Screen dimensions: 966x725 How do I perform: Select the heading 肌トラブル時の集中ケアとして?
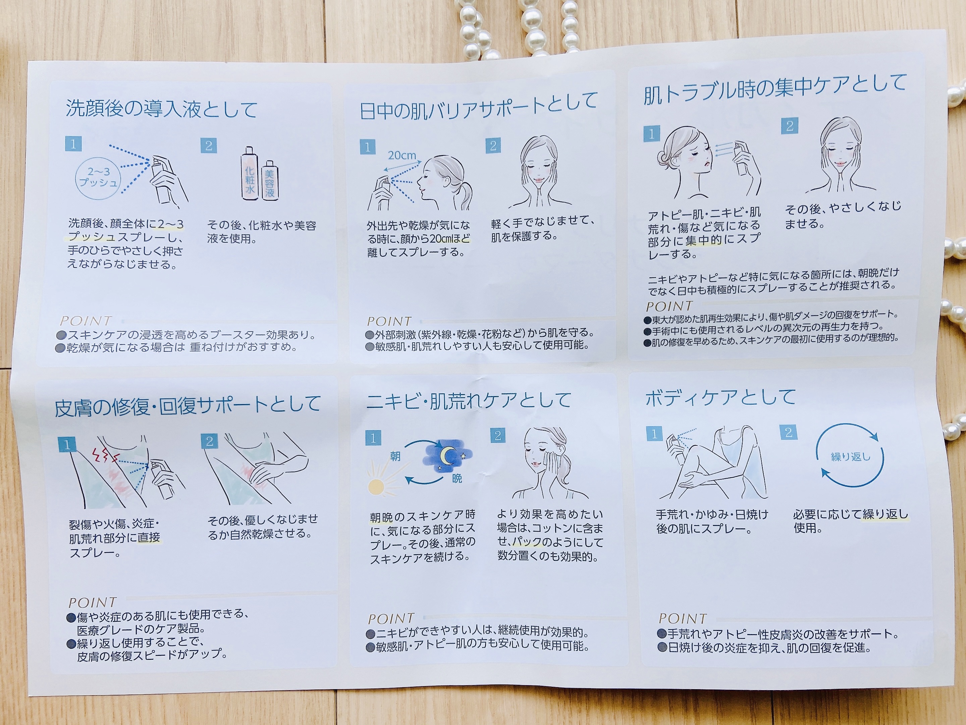(x=775, y=90)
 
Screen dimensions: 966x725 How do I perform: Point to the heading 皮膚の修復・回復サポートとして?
(x=188, y=405)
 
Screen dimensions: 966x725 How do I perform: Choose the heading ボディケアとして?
(x=720, y=397)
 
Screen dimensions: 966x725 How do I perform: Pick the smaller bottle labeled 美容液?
(x=269, y=180)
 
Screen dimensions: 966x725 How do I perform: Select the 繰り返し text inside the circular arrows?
(x=851, y=457)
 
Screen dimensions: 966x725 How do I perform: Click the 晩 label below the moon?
(x=457, y=479)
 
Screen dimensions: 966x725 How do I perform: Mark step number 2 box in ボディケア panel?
(x=789, y=433)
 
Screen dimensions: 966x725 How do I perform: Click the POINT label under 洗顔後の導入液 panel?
(x=86, y=321)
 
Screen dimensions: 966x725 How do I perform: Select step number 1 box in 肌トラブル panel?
(x=652, y=134)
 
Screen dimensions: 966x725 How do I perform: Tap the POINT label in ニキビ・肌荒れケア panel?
(x=391, y=619)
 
